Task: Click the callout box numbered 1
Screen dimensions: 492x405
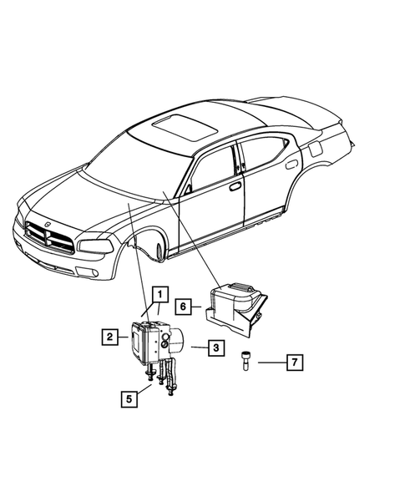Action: pyautogui.click(x=159, y=293)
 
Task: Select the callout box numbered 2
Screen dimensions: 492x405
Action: pyautogui.click(x=109, y=337)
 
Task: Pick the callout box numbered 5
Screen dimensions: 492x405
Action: pyautogui.click(x=129, y=398)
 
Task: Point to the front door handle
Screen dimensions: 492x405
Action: pyautogui.click(x=235, y=185)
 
